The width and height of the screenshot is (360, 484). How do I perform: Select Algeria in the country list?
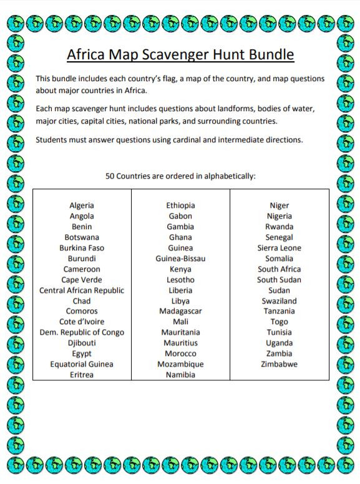(x=82, y=205)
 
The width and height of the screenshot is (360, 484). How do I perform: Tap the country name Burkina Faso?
(x=82, y=248)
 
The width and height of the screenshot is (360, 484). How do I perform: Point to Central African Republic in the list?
(x=82, y=290)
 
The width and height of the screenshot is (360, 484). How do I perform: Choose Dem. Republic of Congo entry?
(x=82, y=332)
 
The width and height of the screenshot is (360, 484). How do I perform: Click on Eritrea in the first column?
(x=82, y=375)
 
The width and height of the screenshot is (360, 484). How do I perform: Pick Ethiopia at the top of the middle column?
(x=180, y=205)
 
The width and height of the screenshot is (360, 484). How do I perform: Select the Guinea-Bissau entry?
(x=180, y=259)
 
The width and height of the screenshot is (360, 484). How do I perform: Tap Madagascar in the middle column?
(x=180, y=311)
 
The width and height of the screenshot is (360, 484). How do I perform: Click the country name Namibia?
(x=180, y=375)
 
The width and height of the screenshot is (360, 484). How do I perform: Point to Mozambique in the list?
(x=180, y=364)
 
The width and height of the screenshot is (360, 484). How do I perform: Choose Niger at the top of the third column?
(x=279, y=205)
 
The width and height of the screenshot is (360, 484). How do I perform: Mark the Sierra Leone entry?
(x=279, y=248)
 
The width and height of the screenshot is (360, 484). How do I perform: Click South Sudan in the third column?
(x=279, y=280)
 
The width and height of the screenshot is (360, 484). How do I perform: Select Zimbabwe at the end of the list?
(x=279, y=364)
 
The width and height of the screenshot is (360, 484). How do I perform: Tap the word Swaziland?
(x=279, y=301)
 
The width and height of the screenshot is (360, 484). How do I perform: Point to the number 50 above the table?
(x=112, y=176)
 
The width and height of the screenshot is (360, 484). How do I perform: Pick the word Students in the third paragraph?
(x=52, y=139)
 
